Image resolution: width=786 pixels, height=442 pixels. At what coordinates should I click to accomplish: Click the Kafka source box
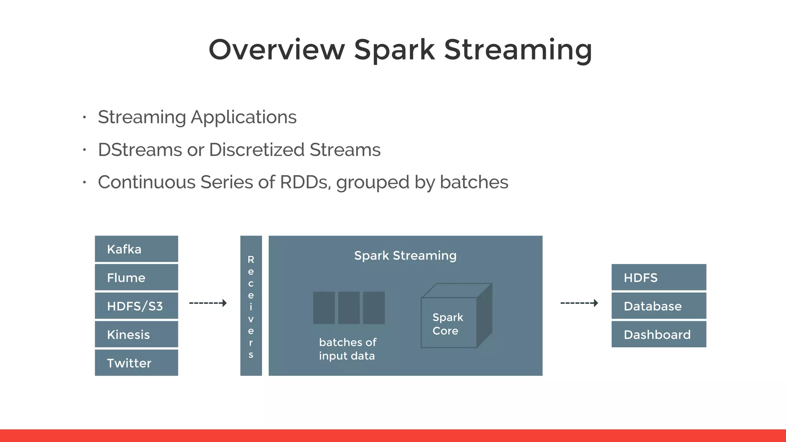point(136,249)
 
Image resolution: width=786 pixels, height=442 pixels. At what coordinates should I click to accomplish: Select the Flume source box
point(136,277)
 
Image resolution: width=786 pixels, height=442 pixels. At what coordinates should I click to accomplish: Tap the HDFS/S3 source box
point(136,306)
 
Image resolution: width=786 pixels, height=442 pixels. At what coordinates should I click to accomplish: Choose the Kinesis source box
point(136,334)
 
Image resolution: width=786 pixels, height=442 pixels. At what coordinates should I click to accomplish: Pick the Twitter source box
point(136,363)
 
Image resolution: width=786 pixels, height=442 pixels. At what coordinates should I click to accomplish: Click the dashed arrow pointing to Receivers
point(208,303)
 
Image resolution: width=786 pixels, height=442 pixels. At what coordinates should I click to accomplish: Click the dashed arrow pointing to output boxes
point(579,303)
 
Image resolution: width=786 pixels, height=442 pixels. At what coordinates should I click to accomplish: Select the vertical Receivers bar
point(251,306)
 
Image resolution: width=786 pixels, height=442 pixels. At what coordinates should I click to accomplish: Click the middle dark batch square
point(349,308)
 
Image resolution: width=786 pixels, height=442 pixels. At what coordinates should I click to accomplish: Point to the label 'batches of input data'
point(347,349)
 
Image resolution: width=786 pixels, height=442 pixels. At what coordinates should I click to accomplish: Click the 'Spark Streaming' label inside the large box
point(405,256)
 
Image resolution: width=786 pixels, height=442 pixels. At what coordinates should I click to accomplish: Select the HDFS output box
point(659,277)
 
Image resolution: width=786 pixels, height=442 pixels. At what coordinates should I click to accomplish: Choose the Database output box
point(659,306)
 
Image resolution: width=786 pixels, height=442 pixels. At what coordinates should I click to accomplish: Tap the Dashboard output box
point(659,334)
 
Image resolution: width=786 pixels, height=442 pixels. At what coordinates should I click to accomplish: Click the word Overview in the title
point(277,49)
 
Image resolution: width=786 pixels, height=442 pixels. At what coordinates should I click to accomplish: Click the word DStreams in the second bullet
point(140,150)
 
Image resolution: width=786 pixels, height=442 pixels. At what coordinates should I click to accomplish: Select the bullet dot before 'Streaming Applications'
point(84,117)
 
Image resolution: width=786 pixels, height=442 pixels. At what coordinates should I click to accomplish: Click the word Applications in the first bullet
point(243,117)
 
